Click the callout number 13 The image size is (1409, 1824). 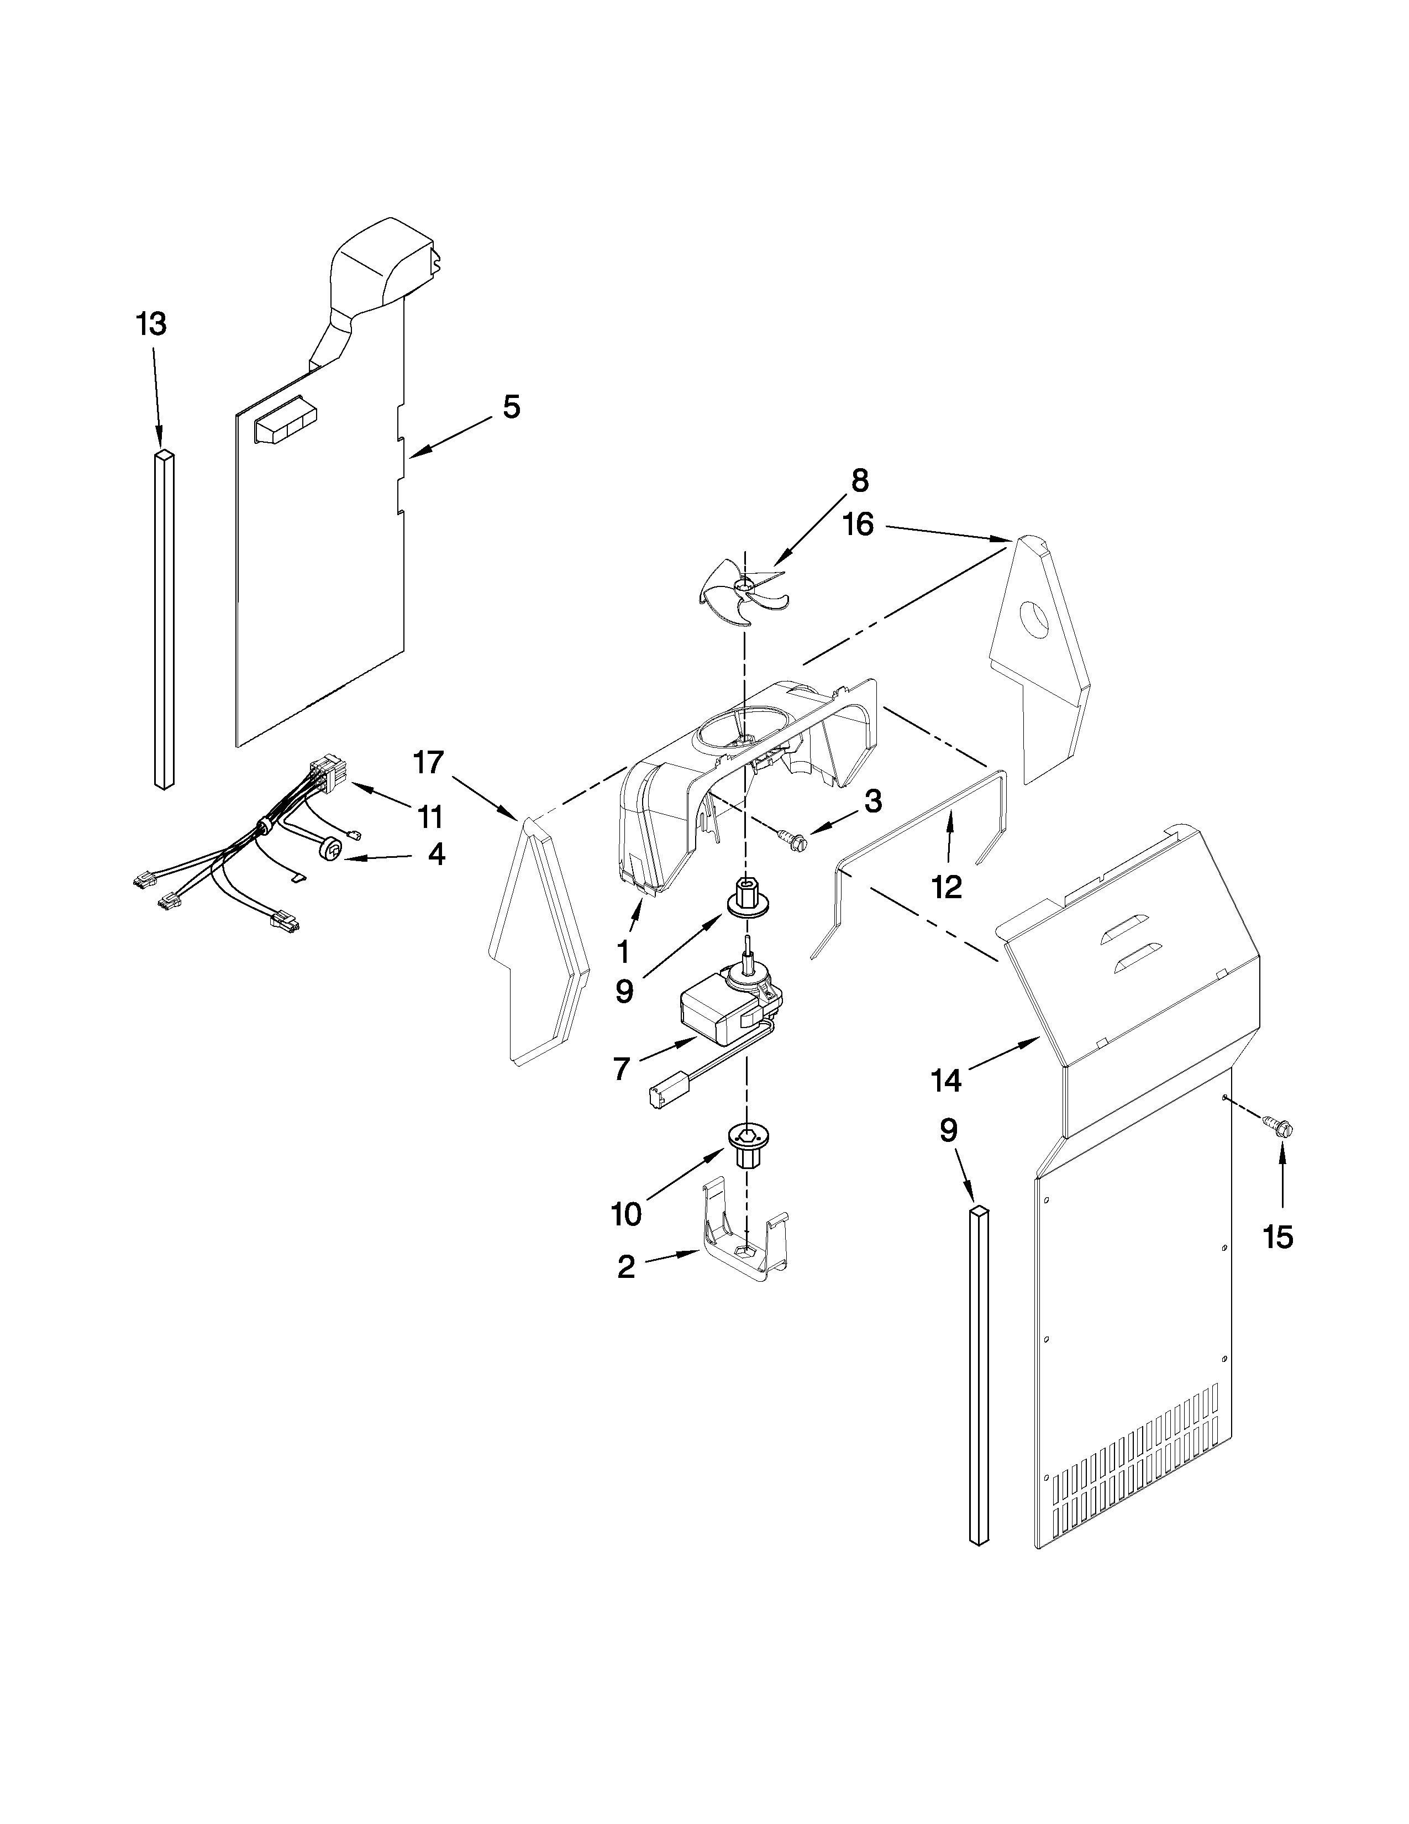[x=151, y=324]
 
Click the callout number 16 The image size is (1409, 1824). [x=857, y=525]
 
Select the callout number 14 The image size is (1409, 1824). [x=947, y=1081]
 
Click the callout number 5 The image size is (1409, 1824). [x=512, y=407]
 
